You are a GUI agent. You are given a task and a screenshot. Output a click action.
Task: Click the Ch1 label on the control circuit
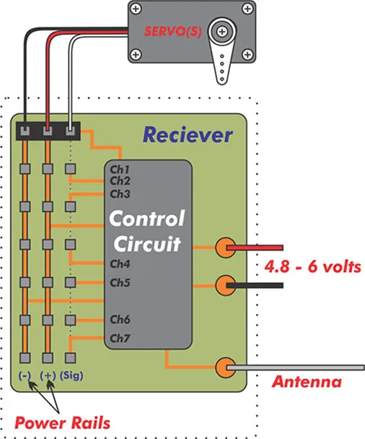pyautogui.click(x=120, y=170)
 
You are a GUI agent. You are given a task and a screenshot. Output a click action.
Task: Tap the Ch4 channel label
pyautogui.click(x=120, y=264)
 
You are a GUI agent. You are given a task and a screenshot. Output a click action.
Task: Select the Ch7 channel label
pyautogui.click(x=120, y=339)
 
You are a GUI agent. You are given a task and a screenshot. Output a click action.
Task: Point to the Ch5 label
pyautogui.click(x=120, y=282)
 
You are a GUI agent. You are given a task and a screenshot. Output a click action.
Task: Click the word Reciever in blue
pyautogui.click(x=188, y=135)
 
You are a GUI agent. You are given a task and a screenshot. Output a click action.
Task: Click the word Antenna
pyautogui.click(x=307, y=382)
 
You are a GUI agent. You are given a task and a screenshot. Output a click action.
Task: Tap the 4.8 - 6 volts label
pyautogui.click(x=312, y=267)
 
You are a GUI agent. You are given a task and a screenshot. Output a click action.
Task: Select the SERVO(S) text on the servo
pyautogui.click(x=173, y=31)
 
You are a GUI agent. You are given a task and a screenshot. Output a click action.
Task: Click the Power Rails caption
pyautogui.click(x=62, y=423)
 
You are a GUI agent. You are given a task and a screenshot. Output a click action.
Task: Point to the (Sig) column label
pyautogui.click(x=71, y=375)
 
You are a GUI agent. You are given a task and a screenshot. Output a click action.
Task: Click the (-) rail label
pyautogui.click(x=25, y=375)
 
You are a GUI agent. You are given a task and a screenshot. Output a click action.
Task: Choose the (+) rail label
pyautogui.click(x=48, y=375)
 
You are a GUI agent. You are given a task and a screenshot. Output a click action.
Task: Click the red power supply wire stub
pyautogui.click(x=255, y=248)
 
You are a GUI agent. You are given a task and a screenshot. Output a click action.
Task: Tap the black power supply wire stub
pyautogui.click(x=255, y=286)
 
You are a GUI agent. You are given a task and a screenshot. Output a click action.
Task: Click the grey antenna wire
pyautogui.click(x=296, y=368)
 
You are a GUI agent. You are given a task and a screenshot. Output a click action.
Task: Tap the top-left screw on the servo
pyautogui.click(x=136, y=9)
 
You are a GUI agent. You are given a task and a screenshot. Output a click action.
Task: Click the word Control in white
pyautogui.click(x=147, y=218)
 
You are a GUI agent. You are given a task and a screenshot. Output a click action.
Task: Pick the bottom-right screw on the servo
pyautogui.click(x=247, y=54)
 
